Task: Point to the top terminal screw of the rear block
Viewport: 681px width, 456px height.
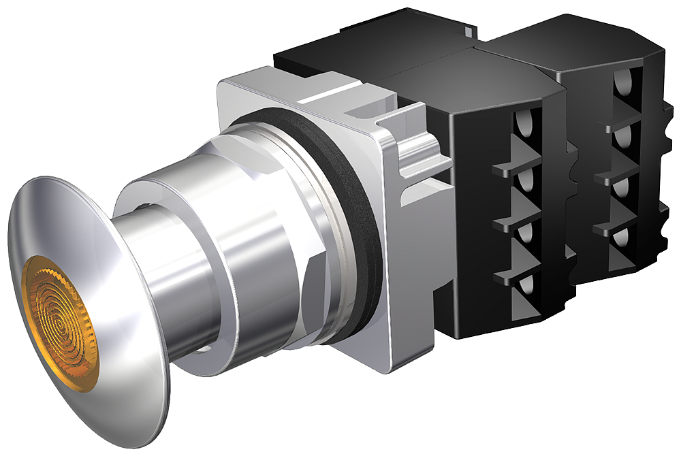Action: (x=622, y=85)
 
